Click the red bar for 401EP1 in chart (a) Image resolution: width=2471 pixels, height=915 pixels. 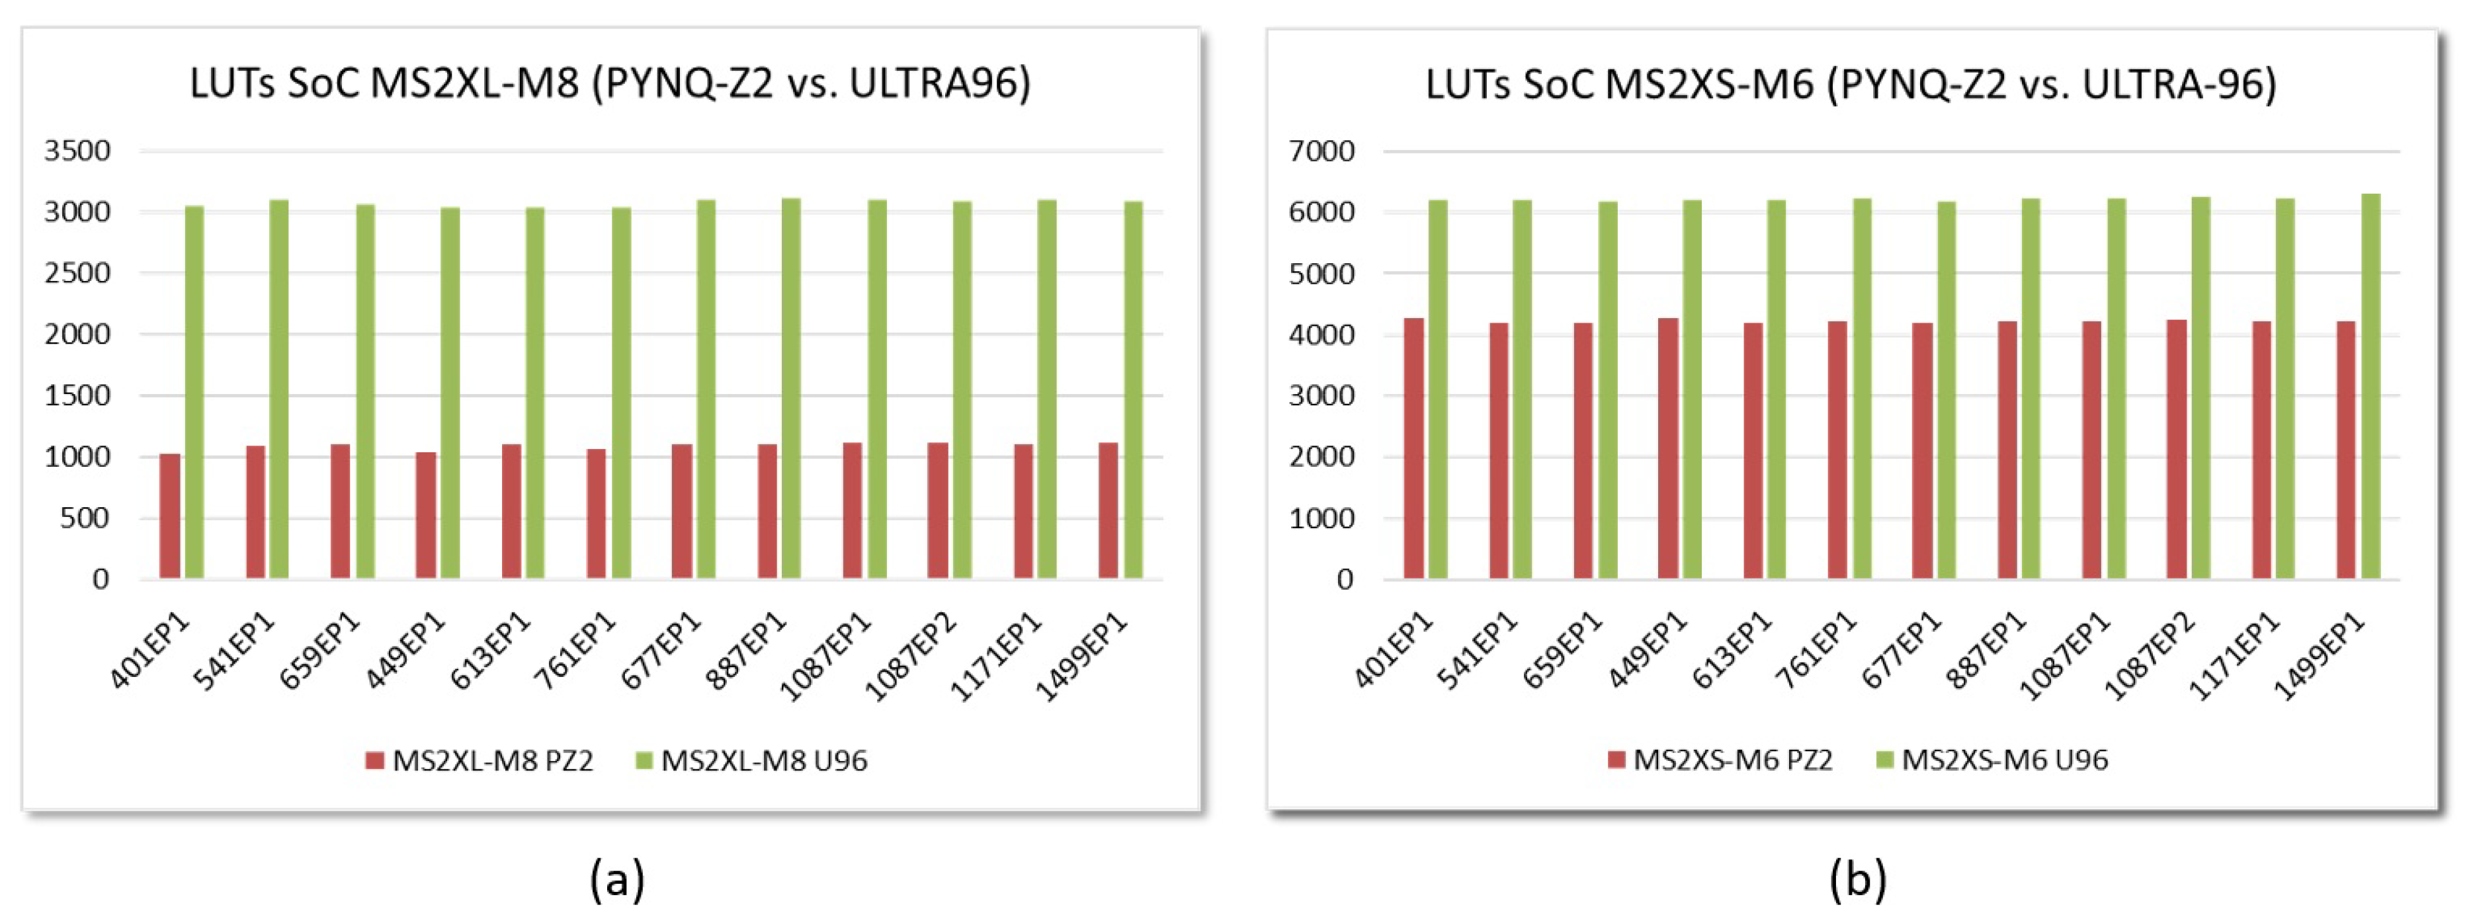(x=170, y=516)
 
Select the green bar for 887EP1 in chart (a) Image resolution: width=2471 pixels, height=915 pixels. (x=792, y=389)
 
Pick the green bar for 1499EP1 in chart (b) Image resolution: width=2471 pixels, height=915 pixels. (x=2371, y=387)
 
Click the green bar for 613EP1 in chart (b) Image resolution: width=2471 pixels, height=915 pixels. (x=1777, y=389)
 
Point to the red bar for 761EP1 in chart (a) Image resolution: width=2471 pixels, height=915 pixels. (x=597, y=513)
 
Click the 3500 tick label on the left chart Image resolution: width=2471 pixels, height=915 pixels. (x=77, y=151)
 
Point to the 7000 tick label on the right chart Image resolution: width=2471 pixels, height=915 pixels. (x=1322, y=151)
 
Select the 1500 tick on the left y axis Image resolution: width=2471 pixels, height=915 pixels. (x=77, y=395)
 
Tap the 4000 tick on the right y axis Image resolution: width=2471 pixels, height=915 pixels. (x=1322, y=335)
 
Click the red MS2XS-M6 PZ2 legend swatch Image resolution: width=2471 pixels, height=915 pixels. (x=1617, y=760)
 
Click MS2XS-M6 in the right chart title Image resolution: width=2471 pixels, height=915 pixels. (x=1709, y=85)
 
